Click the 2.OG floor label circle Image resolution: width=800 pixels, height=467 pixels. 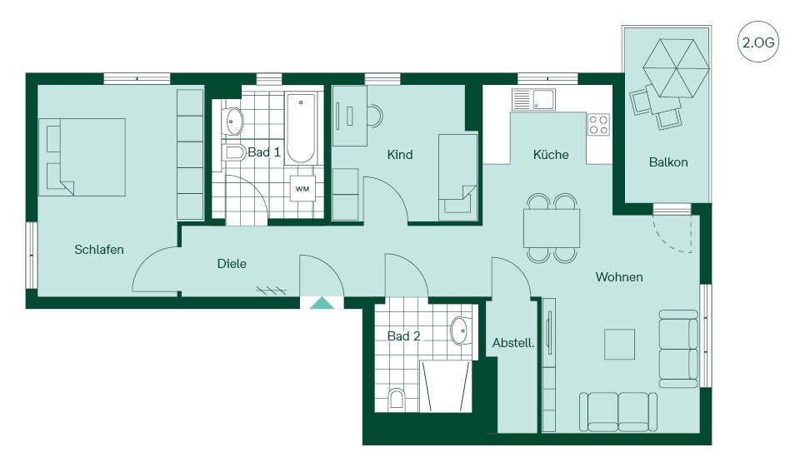[x=758, y=42]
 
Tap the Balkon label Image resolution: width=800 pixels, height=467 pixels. [x=668, y=162]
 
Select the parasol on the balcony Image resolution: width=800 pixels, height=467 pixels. [x=676, y=68]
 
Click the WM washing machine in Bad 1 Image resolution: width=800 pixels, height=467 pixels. [x=302, y=189]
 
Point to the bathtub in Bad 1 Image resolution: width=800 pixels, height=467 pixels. [x=301, y=128]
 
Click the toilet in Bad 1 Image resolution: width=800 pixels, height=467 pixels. [x=234, y=152]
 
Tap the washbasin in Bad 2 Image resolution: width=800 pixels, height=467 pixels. [x=461, y=330]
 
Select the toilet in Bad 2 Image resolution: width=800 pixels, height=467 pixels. [x=397, y=399]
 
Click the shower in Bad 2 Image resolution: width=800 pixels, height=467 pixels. [x=445, y=386]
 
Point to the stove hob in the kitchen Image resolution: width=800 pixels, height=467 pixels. [x=598, y=124]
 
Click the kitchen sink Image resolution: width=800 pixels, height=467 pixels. [x=533, y=100]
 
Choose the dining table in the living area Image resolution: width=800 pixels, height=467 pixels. [x=552, y=228]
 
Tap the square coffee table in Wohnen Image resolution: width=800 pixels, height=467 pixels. [x=620, y=344]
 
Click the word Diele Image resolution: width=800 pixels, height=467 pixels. [x=232, y=264]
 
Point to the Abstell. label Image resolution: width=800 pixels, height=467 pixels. [x=513, y=343]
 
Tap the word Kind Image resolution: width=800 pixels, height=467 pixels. [x=400, y=155]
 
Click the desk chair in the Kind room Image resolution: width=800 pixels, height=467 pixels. [x=375, y=116]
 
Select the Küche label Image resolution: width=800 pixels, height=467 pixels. [x=551, y=155]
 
